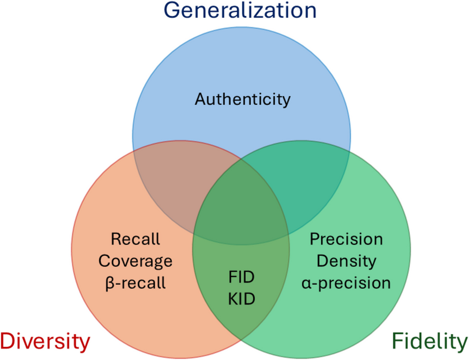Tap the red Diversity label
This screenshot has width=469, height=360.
click(45, 342)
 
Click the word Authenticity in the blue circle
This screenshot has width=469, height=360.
click(242, 99)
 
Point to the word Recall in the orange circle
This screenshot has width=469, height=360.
click(135, 239)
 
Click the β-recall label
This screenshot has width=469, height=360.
click(135, 282)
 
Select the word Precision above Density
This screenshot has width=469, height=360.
click(346, 239)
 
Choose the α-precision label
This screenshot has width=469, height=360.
click(346, 282)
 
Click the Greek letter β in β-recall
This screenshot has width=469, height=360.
click(109, 283)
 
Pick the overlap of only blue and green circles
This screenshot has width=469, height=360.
click(309, 186)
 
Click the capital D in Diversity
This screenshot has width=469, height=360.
click(9, 342)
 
